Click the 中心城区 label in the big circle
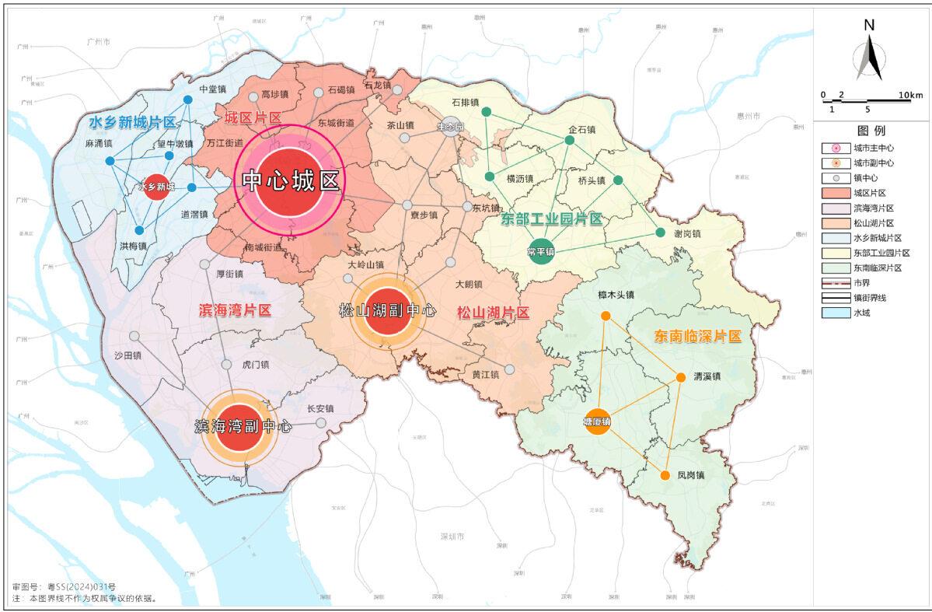point(291,181)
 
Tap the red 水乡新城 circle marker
point(156,187)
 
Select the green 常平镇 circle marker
point(540,251)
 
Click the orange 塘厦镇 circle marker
point(597,421)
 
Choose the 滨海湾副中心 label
point(243,426)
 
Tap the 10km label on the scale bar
point(910,95)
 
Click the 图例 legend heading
point(871,131)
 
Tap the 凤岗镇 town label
point(690,475)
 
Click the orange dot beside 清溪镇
point(680,377)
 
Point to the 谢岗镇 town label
point(686,233)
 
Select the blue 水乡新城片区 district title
point(132,122)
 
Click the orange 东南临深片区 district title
point(697,337)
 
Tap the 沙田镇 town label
point(127,355)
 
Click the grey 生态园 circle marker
point(451,126)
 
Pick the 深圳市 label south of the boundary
point(452,537)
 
